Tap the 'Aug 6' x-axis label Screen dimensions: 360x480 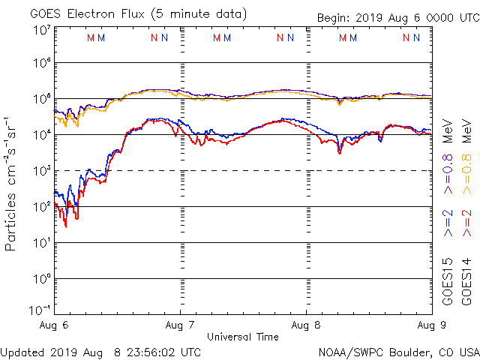tap(55, 326)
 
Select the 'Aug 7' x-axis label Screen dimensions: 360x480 tap(181, 326)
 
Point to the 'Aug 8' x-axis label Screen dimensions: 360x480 tap(306, 326)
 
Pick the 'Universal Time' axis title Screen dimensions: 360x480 tap(243, 337)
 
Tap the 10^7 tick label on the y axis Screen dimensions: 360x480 tap(41, 31)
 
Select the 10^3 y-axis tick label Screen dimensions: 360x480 tap(41, 171)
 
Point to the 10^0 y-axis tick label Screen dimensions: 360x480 tap(41, 279)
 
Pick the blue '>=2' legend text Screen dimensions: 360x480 tap(448, 223)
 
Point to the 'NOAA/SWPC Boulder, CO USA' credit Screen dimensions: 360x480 tap(398, 352)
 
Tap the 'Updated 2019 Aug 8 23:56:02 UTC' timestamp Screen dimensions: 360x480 tap(100, 352)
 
